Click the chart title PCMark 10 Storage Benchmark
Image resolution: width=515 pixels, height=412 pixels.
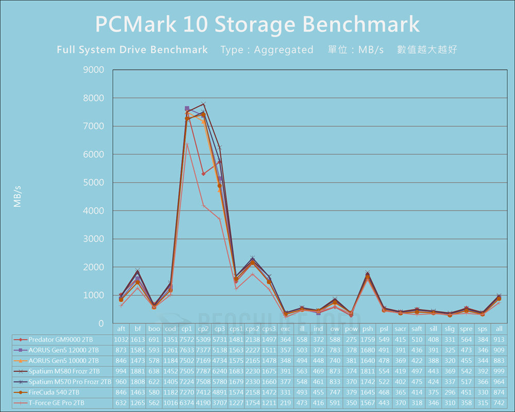pos(257,25)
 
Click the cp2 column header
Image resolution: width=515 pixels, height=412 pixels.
pos(203,329)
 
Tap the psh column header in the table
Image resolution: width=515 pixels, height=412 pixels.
pos(368,329)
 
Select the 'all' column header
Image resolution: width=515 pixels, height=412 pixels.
pos(499,329)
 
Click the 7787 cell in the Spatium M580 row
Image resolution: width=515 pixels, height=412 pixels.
pos(203,371)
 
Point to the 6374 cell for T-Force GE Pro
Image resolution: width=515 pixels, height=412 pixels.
pos(187,402)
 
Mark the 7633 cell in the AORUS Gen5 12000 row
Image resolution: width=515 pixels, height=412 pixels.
pos(187,350)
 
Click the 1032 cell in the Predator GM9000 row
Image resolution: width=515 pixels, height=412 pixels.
pos(121,340)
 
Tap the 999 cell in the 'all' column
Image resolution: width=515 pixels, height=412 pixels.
pos(499,371)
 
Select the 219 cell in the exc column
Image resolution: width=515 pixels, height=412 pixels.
pos(285,402)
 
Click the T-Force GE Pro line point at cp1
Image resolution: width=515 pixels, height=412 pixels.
pos(187,144)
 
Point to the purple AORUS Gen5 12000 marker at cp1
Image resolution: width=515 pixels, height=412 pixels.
pos(187,109)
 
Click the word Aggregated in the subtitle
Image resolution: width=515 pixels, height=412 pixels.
pos(283,50)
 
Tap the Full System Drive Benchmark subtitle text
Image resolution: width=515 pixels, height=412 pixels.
pos(132,50)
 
